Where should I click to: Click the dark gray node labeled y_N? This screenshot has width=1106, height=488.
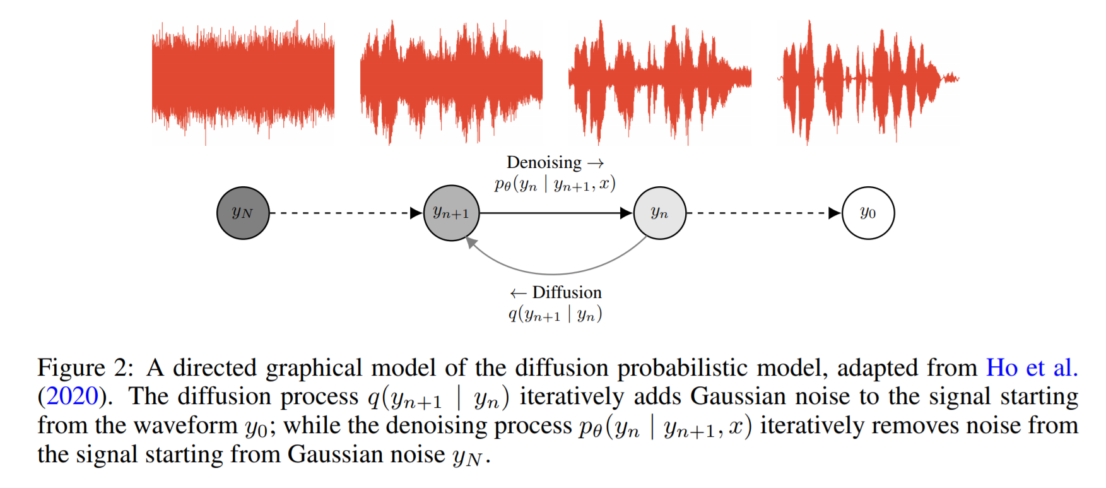pos(243,213)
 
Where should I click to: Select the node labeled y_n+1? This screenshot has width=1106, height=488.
pos(451,213)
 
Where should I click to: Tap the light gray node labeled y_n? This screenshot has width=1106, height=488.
pos(659,213)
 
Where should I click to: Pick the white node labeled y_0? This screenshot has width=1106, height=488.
pos(868,213)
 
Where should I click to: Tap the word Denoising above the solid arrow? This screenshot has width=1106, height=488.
pos(544,163)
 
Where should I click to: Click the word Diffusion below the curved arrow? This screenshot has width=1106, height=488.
pos(567,292)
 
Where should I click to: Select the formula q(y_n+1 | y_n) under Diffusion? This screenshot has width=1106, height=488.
pos(555,314)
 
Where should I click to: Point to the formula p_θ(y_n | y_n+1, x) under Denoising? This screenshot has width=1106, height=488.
pos(555,184)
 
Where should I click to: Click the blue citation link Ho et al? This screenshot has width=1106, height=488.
pos(1032,367)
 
